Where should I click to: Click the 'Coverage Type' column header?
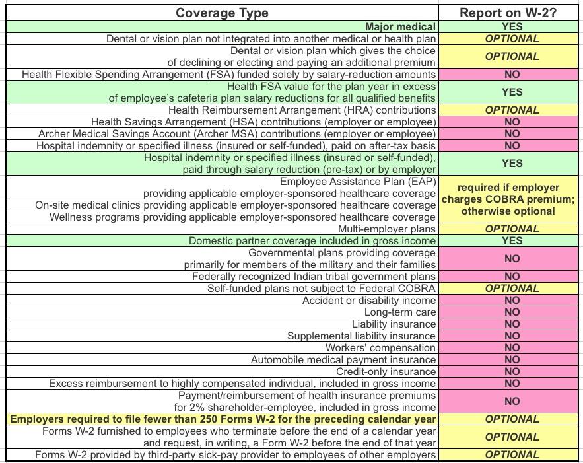click(x=222, y=13)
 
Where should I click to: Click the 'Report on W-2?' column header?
click(x=512, y=13)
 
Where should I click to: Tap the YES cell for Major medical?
click(x=512, y=27)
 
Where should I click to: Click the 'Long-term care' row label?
click(x=400, y=312)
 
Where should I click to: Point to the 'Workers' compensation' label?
click(x=380, y=348)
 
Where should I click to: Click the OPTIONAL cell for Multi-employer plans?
click(x=512, y=229)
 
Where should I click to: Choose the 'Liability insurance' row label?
click(x=394, y=324)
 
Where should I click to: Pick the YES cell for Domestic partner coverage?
click(x=512, y=241)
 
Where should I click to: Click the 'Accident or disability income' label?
click(x=369, y=301)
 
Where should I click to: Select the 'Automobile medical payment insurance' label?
click(x=343, y=360)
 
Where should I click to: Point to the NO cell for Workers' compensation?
click(x=512, y=348)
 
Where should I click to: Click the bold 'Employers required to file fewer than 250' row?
click(x=223, y=419)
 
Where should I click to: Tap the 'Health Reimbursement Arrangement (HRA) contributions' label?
click(x=302, y=110)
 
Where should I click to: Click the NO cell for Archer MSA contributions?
click(x=512, y=134)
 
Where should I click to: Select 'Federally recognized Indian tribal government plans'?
click(x=314, y=277)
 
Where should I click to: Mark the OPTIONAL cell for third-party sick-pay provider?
click(x=512, y=455)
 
